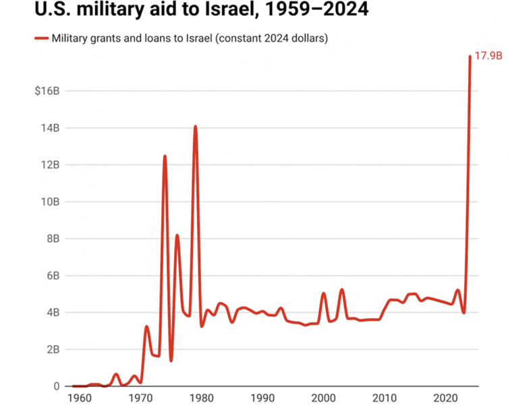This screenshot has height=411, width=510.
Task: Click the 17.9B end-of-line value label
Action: [x=488, y=56]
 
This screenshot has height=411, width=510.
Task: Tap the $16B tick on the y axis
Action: [x=47, y=91]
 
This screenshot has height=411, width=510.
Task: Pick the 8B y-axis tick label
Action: [x=53, y=239]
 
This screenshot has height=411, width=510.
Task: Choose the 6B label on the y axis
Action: [x=53, y=276]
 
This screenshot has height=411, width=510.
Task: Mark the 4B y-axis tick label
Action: [x=53, y=313]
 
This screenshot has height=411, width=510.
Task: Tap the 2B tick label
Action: [x=53, y=350]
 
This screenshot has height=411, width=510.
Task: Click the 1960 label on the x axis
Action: [x=80, y=398]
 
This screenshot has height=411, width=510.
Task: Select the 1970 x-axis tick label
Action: [x=140, y=398]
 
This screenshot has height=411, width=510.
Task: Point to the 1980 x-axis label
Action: [x=202, y=398]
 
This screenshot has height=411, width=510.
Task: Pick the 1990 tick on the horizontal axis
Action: [x=262, y=398]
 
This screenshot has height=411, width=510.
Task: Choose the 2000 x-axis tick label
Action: [x=324, y=398]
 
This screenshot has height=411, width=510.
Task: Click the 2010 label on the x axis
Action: [x=385, y=398]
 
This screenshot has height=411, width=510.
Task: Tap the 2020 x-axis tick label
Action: [x=446, y=398]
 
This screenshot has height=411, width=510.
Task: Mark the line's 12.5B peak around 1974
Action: [x=165, y=156]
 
